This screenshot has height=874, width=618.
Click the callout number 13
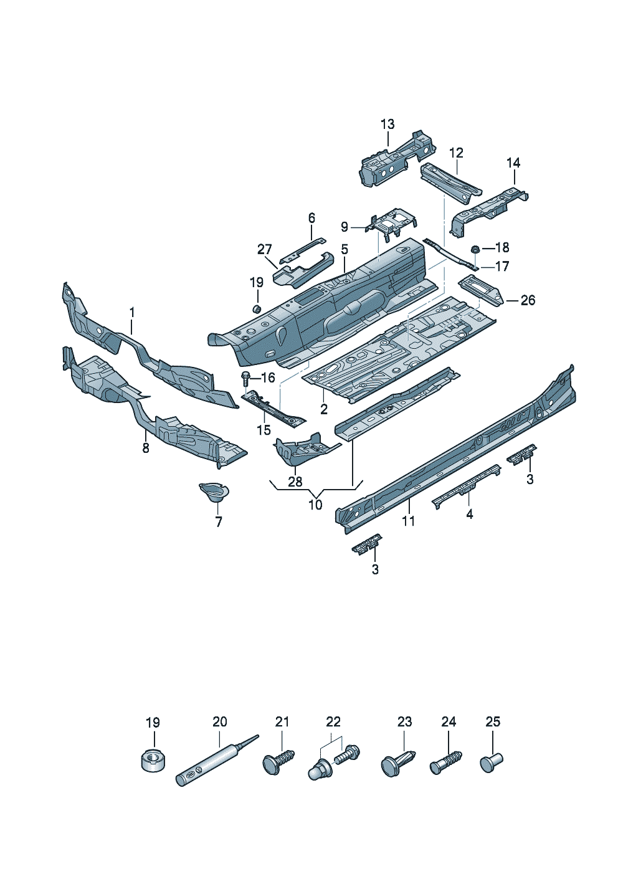tap(387, 124)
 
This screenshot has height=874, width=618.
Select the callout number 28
tap(295, 482)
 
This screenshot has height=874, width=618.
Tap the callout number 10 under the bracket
tap(315, 505)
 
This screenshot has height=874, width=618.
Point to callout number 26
tap(528, 300)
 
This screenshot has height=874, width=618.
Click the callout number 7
tap(219, 522)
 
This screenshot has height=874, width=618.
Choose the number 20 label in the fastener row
tap(220, 721)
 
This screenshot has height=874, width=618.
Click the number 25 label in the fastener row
tap(493, 721)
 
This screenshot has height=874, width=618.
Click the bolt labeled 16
tap(246, 378)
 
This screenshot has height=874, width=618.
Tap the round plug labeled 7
tap(214, 493)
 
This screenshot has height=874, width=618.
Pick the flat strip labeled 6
tap(303, 249)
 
